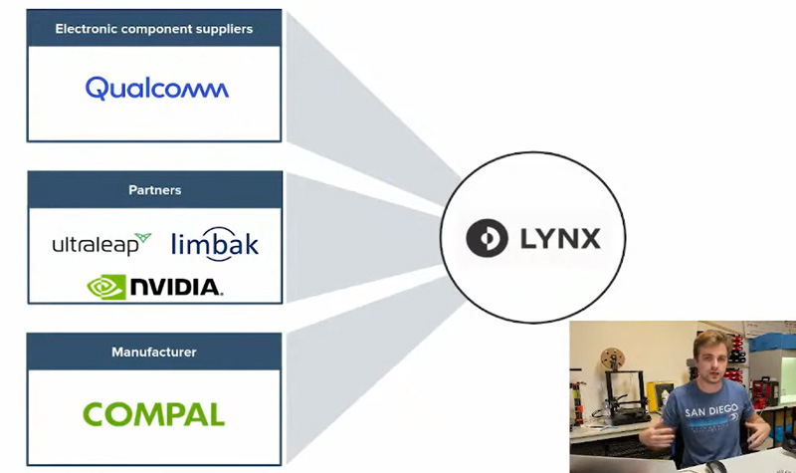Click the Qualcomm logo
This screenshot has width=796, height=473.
point(156,89)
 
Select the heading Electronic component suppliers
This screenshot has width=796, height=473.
point(154,29)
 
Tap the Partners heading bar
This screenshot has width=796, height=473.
point(154,190)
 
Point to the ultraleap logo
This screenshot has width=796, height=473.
point(100,244)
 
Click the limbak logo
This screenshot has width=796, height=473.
point(215,245)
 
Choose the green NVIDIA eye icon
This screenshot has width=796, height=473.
point(105,287)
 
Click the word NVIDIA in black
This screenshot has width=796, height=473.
point(175,288)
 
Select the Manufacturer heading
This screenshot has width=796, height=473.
point(154,352)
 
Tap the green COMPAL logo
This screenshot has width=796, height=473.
point(153,414)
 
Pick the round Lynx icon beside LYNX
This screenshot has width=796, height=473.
point(488,240)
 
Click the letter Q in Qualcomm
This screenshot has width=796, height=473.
point(97,89)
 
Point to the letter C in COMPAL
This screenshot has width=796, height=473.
point(96,414)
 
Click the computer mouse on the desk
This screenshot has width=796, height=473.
point(716,466)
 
